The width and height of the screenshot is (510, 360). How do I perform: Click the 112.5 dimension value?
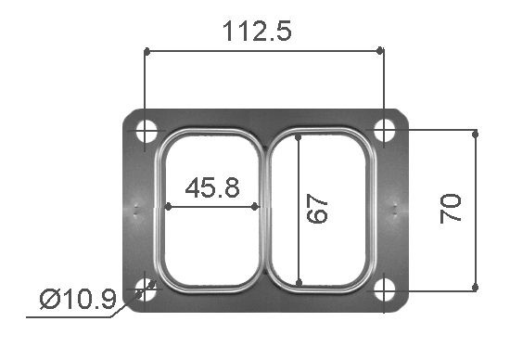[x=257, y=31]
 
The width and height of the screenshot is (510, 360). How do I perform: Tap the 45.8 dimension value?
[x=212, y=187]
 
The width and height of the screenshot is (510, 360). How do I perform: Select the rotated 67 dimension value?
[x=317, y=209]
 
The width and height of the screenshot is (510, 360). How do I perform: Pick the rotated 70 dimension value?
[x=451, y=209]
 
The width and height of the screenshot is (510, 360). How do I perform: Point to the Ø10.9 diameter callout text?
[x=78, y=300]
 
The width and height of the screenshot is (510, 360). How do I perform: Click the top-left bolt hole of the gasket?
[x=146, y=131]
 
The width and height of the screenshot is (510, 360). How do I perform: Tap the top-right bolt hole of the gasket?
[x=385, y=131]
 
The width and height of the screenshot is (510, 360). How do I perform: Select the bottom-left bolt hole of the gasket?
[x=146, y=289]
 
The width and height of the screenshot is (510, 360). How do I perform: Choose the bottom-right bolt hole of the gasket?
[x=385, y=289]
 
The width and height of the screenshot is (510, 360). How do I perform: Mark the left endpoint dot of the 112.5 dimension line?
[x=147, y=51]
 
